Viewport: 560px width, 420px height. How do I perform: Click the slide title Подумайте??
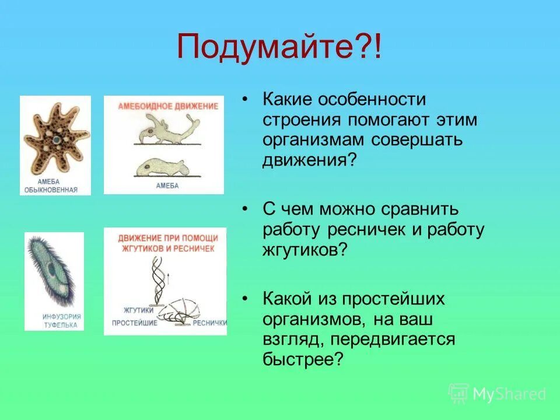tap(279, 47)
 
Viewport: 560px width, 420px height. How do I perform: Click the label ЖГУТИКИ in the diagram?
tap(138, 310)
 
